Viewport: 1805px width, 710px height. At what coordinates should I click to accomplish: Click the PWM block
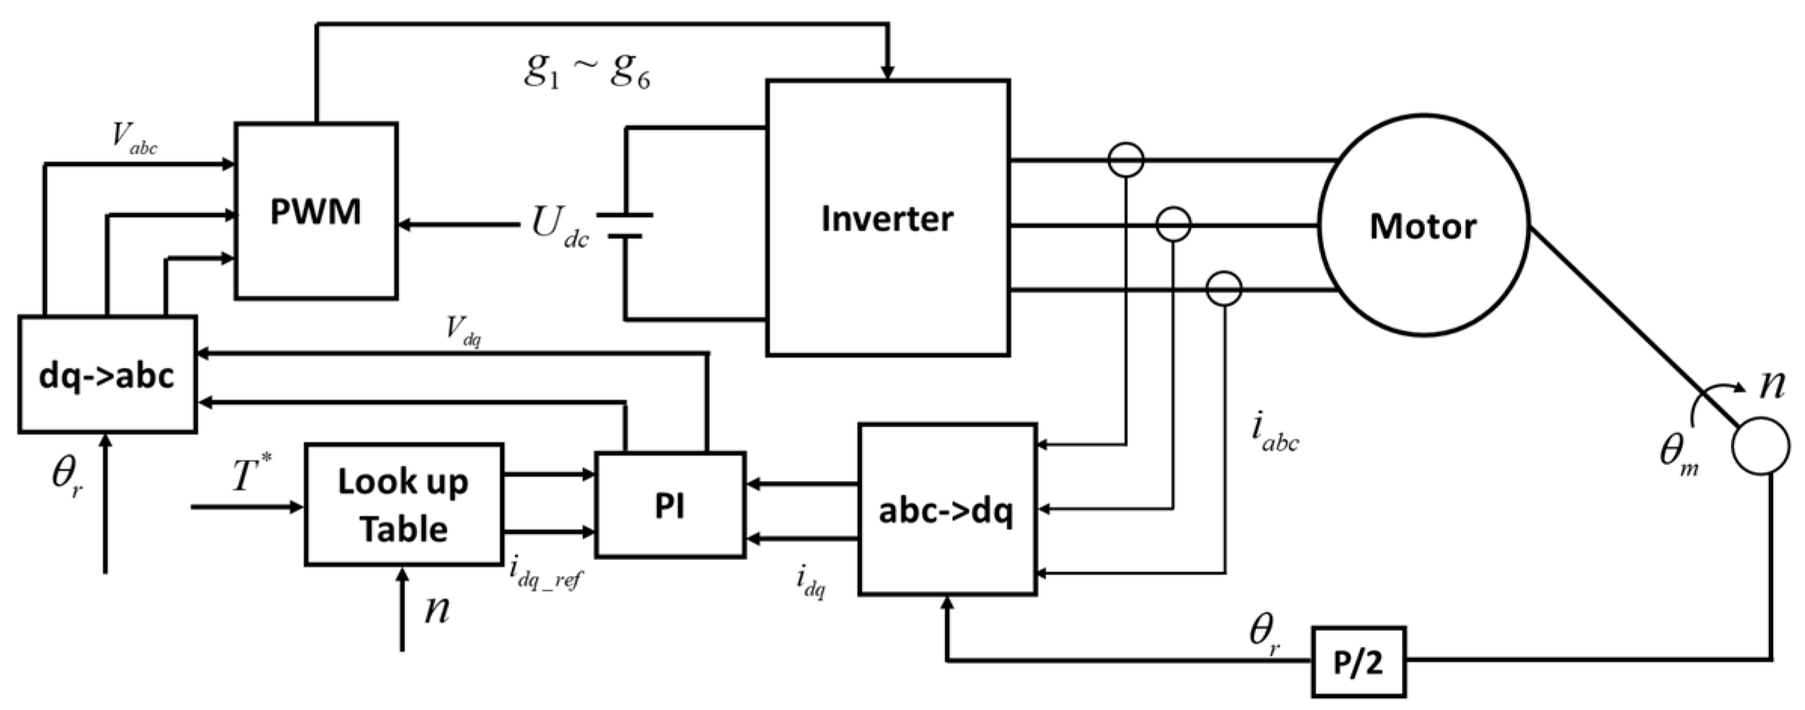[316, 212]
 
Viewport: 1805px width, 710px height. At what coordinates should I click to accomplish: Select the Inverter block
[888, 218]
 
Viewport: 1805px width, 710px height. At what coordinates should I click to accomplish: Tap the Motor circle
[1423, 225]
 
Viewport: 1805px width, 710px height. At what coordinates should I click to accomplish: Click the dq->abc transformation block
[107, 375]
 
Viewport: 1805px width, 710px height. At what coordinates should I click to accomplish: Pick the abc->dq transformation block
[947, 510]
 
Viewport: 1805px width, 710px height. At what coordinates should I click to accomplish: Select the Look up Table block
[404, 504]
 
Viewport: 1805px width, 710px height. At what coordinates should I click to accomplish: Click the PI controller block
[670, 505]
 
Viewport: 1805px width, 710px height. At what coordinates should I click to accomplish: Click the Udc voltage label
[559, 225]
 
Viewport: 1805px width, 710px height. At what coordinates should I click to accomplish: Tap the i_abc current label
[1274, 433]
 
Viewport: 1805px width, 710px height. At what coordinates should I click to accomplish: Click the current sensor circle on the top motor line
[1126, 160]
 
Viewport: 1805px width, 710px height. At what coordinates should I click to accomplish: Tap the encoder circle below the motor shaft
[1760, 446]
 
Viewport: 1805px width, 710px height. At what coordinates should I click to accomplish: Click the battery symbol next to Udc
[625, 225]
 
